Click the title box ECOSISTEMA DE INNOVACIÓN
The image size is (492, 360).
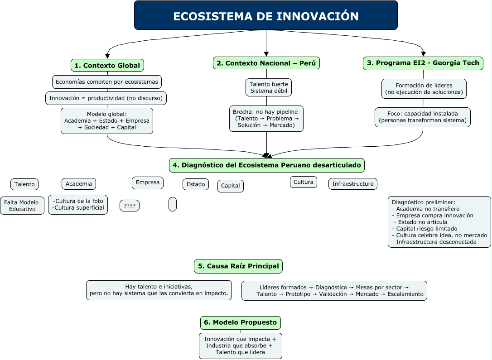[266, 16]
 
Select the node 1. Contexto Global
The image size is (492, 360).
[107, 65]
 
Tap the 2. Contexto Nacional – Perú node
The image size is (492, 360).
[266, 63]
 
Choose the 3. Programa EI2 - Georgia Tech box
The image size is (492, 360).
[423, 63]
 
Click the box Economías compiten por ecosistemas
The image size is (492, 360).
[107, 82]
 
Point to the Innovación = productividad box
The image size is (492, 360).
[107, 98]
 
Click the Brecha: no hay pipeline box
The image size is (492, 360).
[266, 119]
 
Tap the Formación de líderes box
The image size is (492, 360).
[424, 89]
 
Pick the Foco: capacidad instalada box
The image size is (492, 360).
[423, 117]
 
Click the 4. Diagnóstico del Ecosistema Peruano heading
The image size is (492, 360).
[266, 165]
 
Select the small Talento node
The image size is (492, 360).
[24, 184]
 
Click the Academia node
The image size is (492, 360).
[79, 183]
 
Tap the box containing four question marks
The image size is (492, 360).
[130, 206]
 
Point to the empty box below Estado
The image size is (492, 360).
[173, 204]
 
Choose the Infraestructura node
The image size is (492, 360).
[353, 184]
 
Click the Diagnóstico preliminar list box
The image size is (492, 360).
[439, 222]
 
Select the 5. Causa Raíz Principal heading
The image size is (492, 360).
[238, 266]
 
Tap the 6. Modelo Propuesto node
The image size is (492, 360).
[241, 323]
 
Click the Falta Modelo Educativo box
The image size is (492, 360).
[22, 206]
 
